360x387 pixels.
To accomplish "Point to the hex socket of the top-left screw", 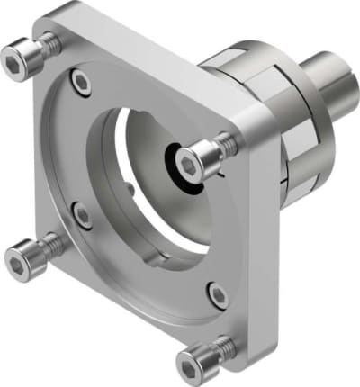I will pos(18,60).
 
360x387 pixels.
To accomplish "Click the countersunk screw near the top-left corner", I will pos(81,82).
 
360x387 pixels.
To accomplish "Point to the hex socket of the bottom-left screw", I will pos(18,261).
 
